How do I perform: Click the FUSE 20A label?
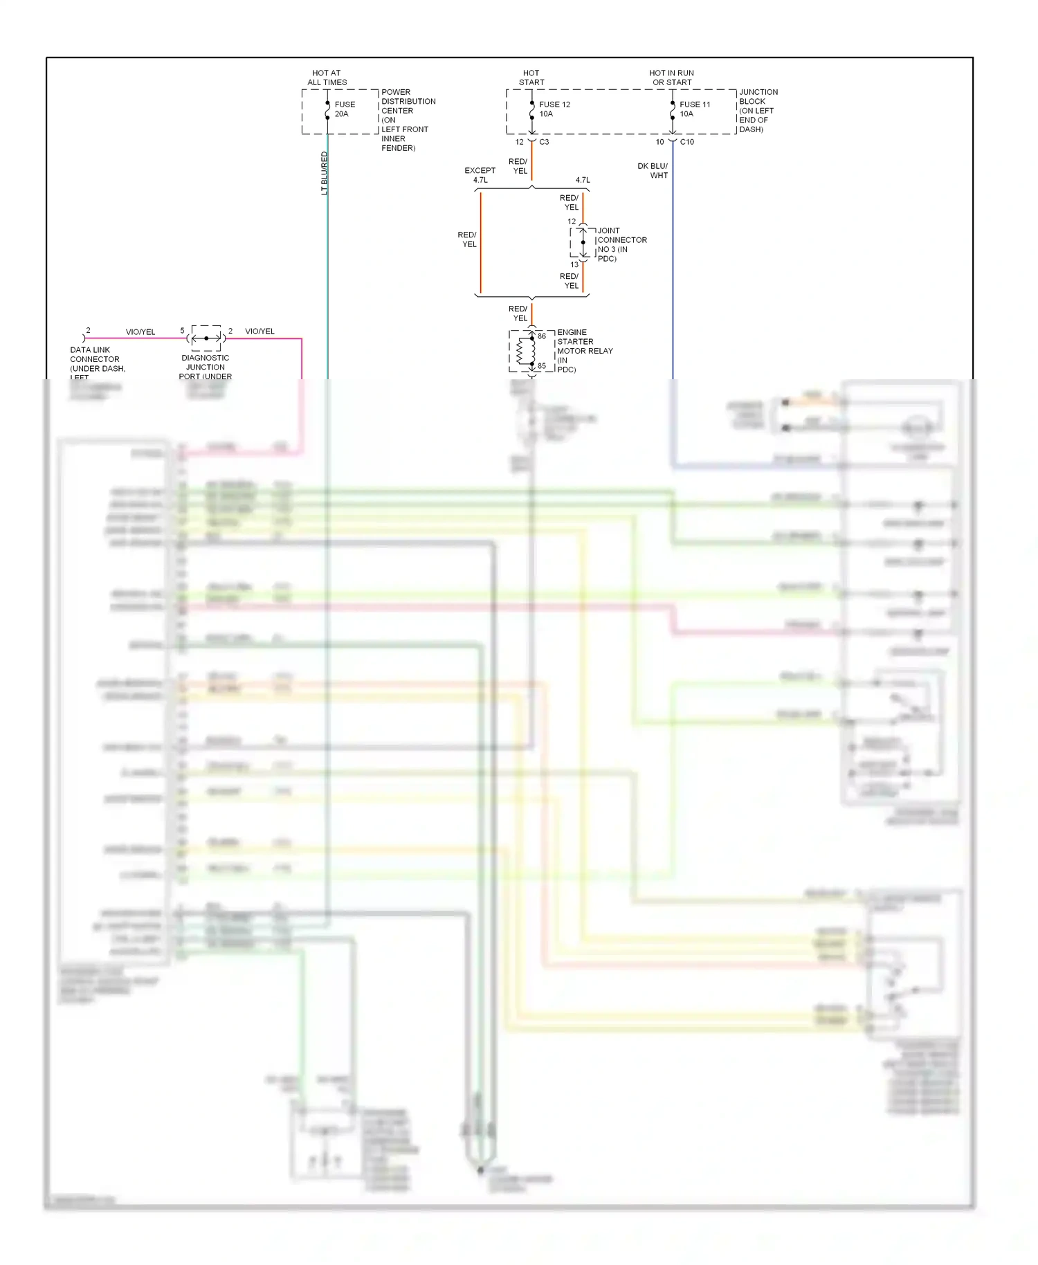(345, 109)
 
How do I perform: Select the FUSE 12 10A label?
(554, 109)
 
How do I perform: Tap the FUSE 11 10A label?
(694, 109)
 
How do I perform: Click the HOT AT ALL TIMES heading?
(327, 78)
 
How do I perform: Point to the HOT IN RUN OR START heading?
(671, 78)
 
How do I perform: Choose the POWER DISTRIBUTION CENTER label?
(408, 120)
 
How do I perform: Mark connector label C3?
(544, 142)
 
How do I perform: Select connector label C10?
(686, 142)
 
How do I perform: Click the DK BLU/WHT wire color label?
(653, 171)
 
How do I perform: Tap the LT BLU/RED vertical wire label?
(325, 173)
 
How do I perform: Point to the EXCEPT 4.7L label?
(480, 175)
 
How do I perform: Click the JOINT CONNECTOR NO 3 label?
(621, 244)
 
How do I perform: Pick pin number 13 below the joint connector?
(574, 264)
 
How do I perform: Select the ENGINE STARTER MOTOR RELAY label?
(584, 351)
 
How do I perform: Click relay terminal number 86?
(542, 336)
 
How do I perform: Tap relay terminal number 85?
(542, 366)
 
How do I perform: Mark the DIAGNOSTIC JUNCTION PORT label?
(205, 367)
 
